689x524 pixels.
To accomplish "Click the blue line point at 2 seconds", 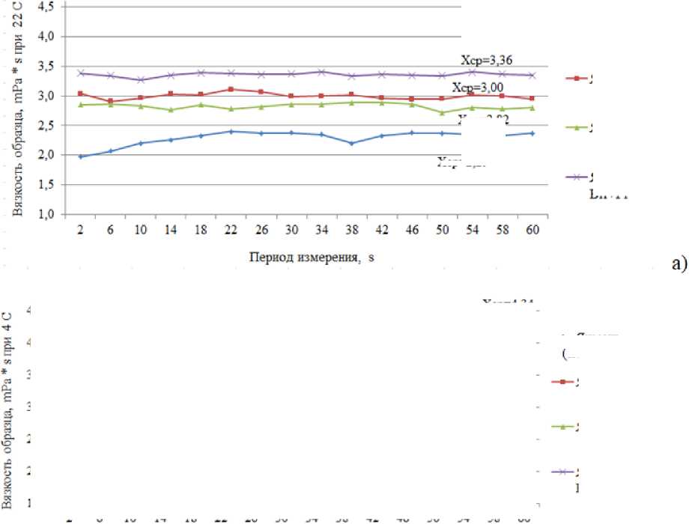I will tap(80, 156).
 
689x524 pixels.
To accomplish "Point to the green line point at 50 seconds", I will tap(441, 112).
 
